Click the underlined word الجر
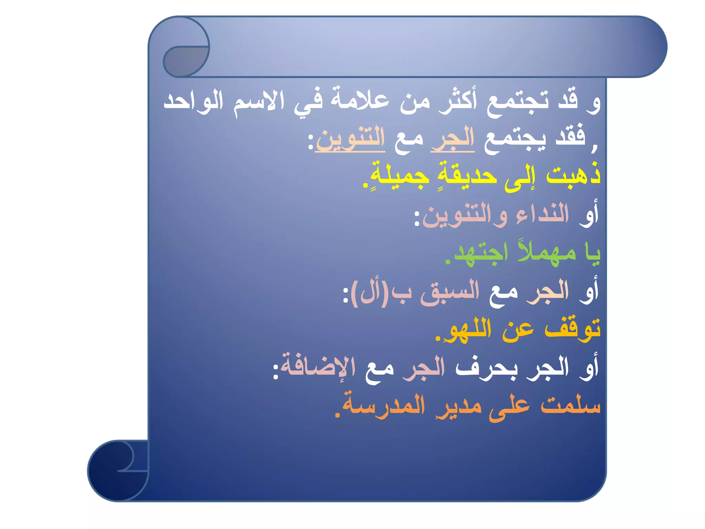click(453, 139)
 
